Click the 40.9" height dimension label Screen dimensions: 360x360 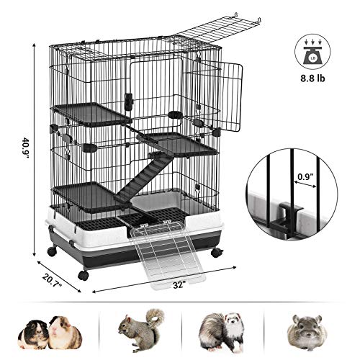(x=25, y=148)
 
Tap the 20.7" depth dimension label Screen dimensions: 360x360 (x=53, y=280)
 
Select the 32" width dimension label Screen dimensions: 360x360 (x=179, y=285)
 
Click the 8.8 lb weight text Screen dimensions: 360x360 (x=312, y=78)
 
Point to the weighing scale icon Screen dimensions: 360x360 (x=312, y=52)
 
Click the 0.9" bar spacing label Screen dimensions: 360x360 (x=306, y=176)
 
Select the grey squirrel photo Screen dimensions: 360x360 (x=141, y=330)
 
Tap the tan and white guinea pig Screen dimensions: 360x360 (x=65, y=333)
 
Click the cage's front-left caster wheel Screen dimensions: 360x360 (x=84, y=275)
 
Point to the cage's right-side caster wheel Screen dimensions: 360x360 (x=217, y=252)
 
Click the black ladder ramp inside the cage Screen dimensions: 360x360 (x=144, y=179)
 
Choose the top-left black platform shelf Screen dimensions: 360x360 (x=92, y=114)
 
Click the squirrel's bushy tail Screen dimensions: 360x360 (x=156, y=318)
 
